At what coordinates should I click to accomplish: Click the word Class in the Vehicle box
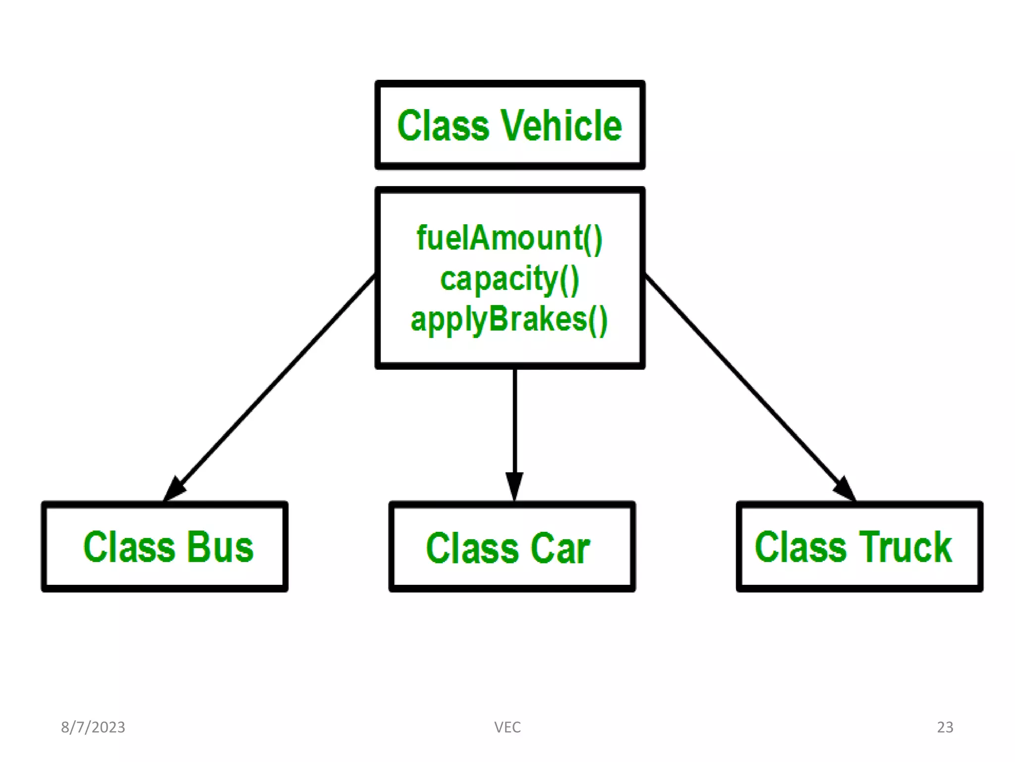[x=443, y=126]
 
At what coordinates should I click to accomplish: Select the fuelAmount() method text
[x=509, y=239]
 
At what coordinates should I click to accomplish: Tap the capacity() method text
[x=509, y=279]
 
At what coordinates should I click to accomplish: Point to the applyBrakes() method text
[x=509, y=320]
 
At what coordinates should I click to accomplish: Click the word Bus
[x=221, y=547]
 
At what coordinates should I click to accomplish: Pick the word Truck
[x=905, y=547]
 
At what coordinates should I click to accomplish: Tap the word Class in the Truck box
[x=801, y=547]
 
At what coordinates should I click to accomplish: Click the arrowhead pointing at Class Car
[x=514, y=486]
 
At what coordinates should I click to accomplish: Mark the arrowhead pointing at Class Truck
[x=845, y=489]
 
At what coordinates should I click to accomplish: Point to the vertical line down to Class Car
[x=514, y=422]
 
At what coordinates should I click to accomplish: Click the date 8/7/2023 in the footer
[x=93, y=727]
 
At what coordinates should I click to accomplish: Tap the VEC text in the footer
[x=507, y=727]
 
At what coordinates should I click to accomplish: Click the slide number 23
[x=945, y=727]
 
